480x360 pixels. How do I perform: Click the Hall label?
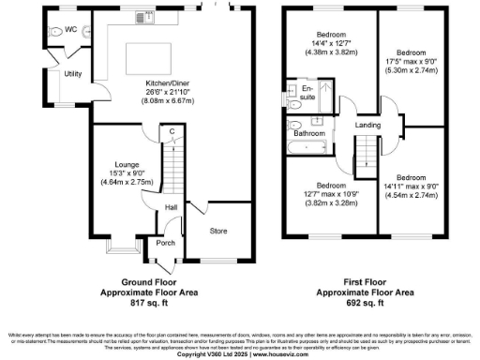172,207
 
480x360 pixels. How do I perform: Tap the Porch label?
165,243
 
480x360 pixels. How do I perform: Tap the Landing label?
367,125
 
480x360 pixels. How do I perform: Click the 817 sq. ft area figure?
144,305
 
